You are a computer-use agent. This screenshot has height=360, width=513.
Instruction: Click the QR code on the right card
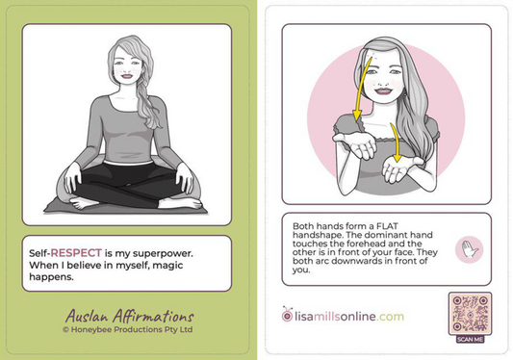(470, 312)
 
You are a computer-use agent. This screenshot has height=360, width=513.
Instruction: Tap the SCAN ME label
(470, 337)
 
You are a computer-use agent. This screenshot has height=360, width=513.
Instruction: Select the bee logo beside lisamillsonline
(287, 315)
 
